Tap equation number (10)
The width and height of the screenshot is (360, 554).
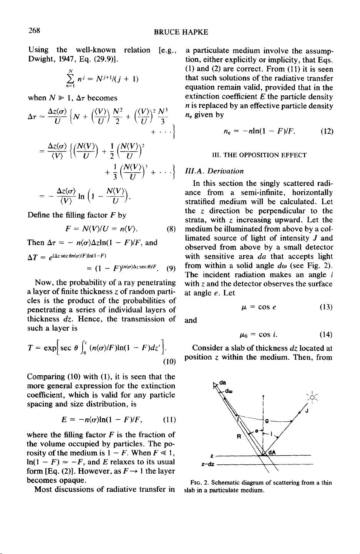pyautogui.click(x=169, y=361)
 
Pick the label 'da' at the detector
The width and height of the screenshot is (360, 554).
pyautogui.click(x=222, y=382)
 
